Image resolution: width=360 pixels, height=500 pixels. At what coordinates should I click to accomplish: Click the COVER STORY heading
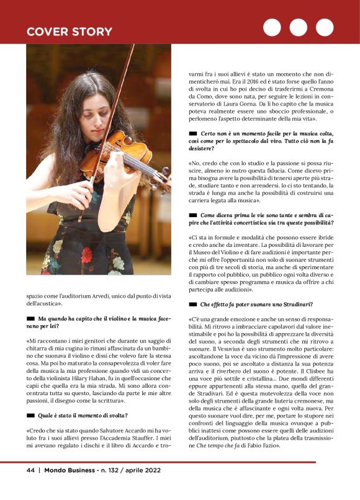tap(69, 32)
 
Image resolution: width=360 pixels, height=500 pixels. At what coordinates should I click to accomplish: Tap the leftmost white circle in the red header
tap(272, 27)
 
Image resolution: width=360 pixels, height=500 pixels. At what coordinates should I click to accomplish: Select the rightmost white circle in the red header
tap(325, 27)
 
